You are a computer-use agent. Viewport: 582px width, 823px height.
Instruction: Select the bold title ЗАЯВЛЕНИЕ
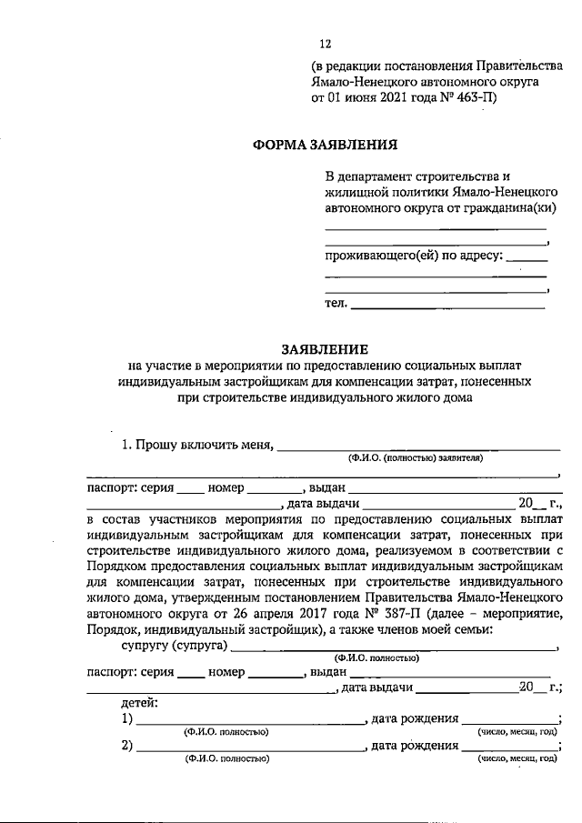point(325,348)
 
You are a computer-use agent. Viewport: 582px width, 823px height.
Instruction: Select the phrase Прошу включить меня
point(197,446)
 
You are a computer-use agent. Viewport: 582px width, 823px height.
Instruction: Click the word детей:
point(141,703)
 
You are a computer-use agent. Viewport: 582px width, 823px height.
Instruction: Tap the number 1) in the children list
point(128,719)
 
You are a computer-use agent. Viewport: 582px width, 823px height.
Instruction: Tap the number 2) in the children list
point(128,747)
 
